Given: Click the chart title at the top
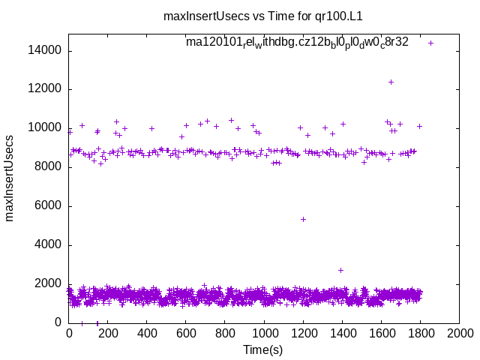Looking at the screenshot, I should pyautogui.click(x=268, y=15).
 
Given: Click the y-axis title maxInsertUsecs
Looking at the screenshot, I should pyautogui.click(x=10, y=178).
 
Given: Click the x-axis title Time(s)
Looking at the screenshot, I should pyautogui.click(x=263, y=350).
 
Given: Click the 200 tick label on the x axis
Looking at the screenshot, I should pyautogui.click(x=108, y=334).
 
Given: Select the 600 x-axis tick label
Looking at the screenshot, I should pyautogui.click(x=186, y=334).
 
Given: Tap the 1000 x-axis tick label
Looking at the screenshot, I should pyautogui.click(x=264, y=334).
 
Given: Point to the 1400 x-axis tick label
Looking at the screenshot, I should pyautogui.click(x=342, y=334).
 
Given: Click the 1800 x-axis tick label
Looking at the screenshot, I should pyautogui.click(x=420, y=334).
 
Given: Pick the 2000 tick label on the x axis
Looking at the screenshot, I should pyautogui.click(x=459, y=334).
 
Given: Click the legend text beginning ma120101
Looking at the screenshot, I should pyautogui.click(x=297, y=42).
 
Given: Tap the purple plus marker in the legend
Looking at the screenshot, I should pyautogui.click(x=430, y=43).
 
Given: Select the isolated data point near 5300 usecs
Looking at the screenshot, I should pyautogui.click(x=303, y=219).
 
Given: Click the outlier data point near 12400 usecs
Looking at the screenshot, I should pyautogui.click(x=391, y=82).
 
